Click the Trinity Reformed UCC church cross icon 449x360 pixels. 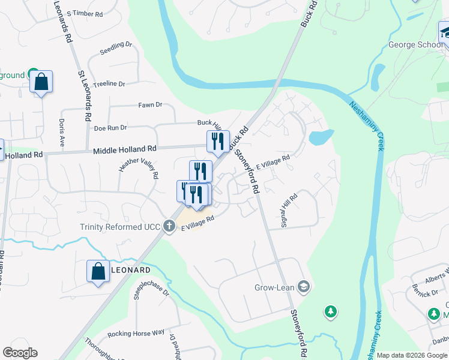(170, 226)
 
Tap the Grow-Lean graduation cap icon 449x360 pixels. (303, 287)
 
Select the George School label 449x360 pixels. (412, 44)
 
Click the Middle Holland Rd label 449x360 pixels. (124, 148)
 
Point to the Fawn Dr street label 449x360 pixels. (150, 105)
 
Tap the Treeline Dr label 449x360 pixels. (109, 85)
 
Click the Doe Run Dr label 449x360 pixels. (110, 128)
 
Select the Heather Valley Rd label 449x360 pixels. (139, 169)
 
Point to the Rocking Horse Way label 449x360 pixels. (136, 333)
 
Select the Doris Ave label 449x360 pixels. (62, 133)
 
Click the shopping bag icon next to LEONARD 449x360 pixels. (98, 271)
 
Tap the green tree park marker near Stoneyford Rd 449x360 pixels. (330, 311)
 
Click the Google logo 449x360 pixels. (20, 353)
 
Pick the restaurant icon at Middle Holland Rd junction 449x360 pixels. (217, 142)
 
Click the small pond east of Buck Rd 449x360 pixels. (321, 137)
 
